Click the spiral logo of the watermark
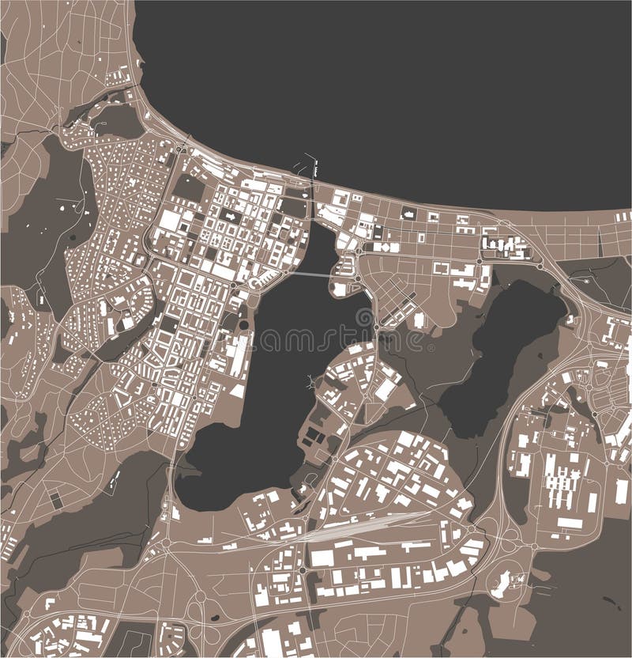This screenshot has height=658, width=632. [364, 319]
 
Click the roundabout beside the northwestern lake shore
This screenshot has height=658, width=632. [181, 148]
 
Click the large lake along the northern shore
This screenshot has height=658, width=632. [395, 87]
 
